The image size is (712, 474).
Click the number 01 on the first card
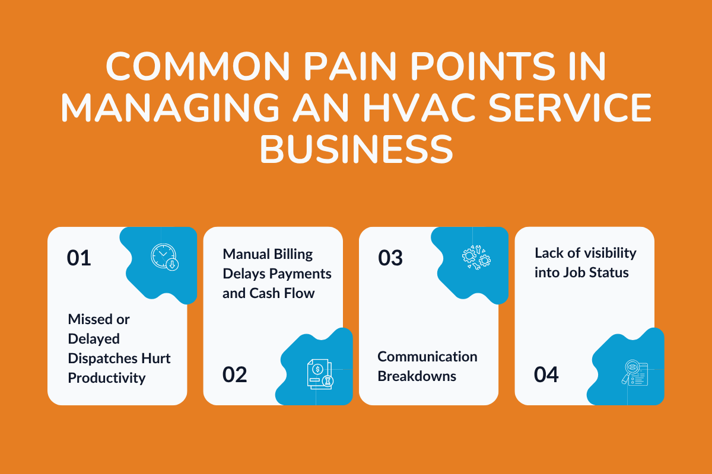click(x=79, y=258)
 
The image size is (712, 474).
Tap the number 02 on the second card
click(x=235, y=374)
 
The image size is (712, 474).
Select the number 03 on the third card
click(x=390, y=258)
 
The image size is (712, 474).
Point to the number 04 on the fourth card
click(x=546, y=374)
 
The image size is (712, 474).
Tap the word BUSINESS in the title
click(x=356, y=150)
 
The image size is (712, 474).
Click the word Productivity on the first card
click(x=107, y=378)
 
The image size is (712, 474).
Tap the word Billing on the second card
click(x=292, y=254)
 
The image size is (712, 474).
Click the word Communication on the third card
click(x=427, y=357)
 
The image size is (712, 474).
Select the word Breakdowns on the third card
click(x=417, y=376)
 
